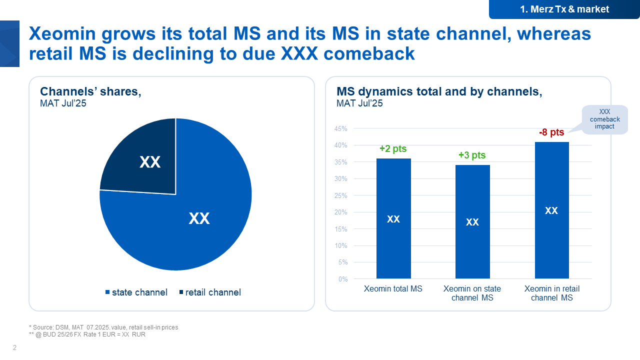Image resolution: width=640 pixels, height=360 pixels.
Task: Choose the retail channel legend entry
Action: (x=209, y=292)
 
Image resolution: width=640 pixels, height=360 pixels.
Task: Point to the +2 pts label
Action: (x=393, y=148)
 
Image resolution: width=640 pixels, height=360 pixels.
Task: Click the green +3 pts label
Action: (x=472, y=155)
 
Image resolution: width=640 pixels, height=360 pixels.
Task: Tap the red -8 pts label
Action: (x=551, y=132)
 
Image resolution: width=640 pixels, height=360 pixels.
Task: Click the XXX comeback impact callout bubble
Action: (x=604, y=119)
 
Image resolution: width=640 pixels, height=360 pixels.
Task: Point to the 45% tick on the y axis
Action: (x=340, y=128)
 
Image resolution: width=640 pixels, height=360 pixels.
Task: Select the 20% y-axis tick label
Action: (x=340, y=212)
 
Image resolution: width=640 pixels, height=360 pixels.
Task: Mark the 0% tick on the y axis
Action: (x=342, y=279)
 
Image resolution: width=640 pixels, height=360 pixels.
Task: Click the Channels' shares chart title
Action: (x=90, y=91)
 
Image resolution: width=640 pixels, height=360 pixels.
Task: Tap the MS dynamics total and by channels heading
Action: (x=439, y=91)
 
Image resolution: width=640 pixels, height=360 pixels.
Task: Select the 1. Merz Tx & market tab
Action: (x=564, y=9)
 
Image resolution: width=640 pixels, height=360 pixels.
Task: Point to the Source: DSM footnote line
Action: (x=103, y=327)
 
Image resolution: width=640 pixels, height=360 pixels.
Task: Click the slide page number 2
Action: (x=14, y=348)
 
